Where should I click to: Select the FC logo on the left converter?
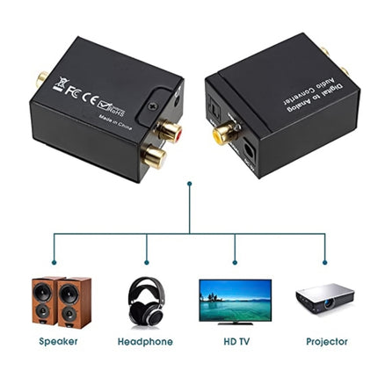(74, 90)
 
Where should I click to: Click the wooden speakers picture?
(62, 302)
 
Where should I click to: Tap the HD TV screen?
(235, 295)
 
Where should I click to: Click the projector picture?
(325, 301)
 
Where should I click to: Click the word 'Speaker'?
(59, 341)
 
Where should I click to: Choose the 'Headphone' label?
(145, 341)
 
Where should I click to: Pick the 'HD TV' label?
(234, 341)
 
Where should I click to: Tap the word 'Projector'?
(326, 341)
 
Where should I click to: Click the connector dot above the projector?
(325, 261)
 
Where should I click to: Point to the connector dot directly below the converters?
(190, 184)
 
